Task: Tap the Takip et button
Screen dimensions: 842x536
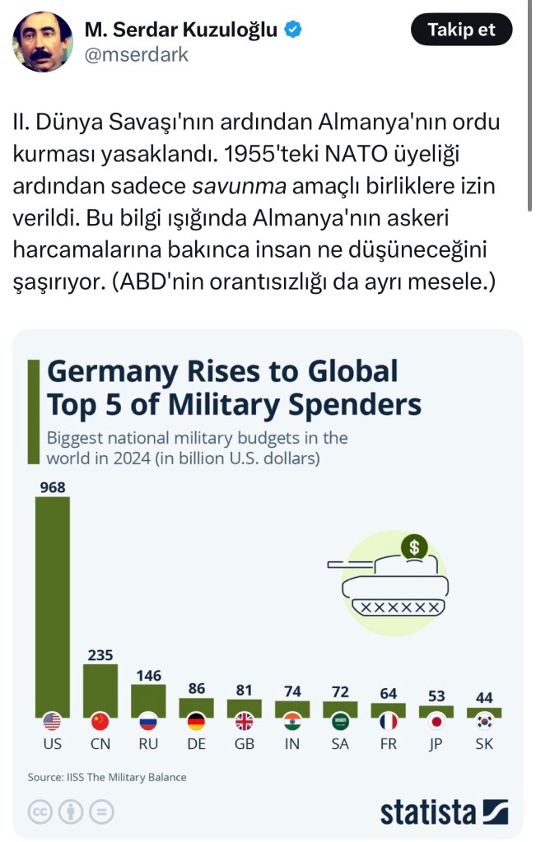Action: click(x=461, y=30)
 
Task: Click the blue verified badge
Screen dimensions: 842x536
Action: click(x=293, y=30)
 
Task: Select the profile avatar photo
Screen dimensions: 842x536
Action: click(x=43, y=42)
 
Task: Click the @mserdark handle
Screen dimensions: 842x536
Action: click(x=136, y=55)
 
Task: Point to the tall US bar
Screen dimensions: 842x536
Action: click(x=52, y=606)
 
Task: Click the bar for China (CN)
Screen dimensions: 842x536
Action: click(x=100, y=690)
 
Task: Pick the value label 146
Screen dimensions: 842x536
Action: click(x=148, y=675)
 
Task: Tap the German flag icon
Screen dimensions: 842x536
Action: click(x=197, y=722)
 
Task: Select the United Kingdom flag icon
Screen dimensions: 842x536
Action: click(x=245, y=722)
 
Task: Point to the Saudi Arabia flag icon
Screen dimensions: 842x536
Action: click(x=340, y=722)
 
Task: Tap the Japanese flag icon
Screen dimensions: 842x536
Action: click(x=436, y=722)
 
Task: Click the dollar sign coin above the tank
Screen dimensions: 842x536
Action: click(x=414, y=545)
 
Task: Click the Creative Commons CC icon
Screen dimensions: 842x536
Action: click(x=40, y=812)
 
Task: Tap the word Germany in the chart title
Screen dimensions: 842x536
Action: click(x=111, y=372)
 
